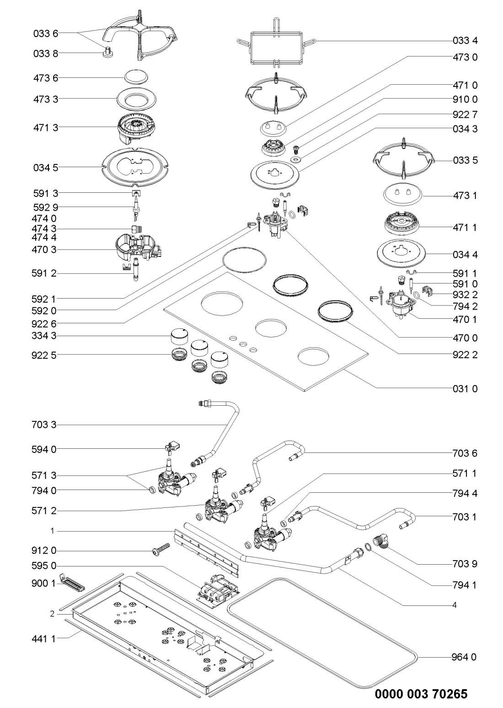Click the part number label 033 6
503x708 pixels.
[46, 33]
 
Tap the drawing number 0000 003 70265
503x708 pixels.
[421, 694]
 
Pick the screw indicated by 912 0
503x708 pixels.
[160, 549]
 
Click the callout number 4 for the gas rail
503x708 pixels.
[454, 605]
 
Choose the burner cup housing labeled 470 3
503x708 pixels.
[137, 249]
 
